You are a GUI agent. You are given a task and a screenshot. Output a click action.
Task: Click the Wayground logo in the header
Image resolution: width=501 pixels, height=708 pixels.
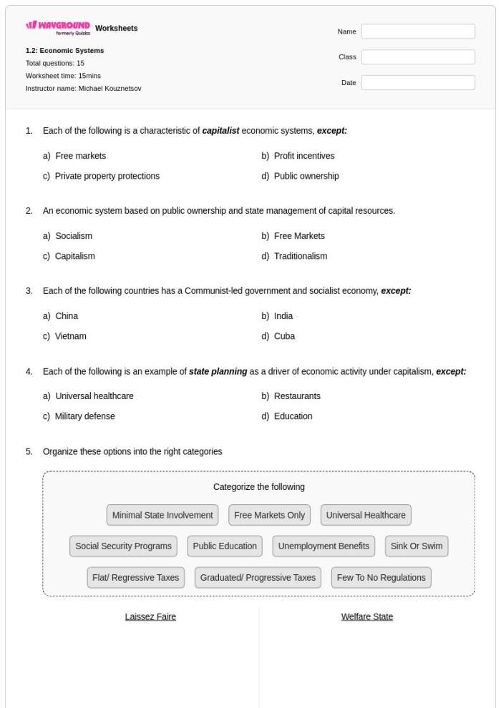click(x=58, y=29)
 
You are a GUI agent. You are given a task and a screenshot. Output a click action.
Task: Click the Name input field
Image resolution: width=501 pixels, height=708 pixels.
click(x=418, y=31)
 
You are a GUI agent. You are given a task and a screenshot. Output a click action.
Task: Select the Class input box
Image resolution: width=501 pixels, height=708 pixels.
click(x=418, y=57)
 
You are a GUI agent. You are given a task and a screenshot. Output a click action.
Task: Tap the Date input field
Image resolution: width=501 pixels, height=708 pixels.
click(x=418, y=83)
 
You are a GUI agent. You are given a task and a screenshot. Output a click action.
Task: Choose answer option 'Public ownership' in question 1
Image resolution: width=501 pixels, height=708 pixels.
click(x=306, y=176)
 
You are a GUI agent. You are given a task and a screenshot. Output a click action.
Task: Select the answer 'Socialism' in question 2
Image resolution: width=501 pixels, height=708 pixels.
click(x=73, y=236)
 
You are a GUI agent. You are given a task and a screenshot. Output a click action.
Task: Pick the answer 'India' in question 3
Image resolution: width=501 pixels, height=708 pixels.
click(x=283, y=316)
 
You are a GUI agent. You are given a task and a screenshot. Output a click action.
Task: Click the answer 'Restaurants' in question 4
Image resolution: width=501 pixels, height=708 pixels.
click(x=297, y=396)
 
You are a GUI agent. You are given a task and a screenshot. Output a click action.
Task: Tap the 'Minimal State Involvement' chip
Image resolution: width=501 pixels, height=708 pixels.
click(x=162, y=515)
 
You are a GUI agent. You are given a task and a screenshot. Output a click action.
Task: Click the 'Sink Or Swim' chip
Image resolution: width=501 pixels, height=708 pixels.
click(x=417, y=546)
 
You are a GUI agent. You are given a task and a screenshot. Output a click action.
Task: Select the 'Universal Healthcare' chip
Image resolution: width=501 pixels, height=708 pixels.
click(x=366, y=515)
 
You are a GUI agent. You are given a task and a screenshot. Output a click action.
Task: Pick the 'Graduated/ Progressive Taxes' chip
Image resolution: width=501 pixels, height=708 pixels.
click(x=258, y=578)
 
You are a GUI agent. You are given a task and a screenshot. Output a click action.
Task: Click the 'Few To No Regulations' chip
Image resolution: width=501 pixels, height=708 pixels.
click(x=381, y=578)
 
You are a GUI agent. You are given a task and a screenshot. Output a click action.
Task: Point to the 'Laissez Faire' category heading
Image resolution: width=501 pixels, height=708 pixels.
click(x=150, y=616)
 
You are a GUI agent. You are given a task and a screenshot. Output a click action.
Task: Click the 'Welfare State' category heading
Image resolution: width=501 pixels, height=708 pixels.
click(x=367, y=616)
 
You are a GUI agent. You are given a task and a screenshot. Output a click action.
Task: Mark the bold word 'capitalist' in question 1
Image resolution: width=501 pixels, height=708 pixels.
click(x=220, y=131)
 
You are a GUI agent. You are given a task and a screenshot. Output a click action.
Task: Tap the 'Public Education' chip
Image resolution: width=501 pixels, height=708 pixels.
click(x=225, y=546)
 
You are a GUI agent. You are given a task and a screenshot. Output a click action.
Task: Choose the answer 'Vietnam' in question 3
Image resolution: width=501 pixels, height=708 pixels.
click(x=71, y=336)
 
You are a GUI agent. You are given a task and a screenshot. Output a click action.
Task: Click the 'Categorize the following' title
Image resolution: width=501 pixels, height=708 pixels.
click(x=259, y=487)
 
